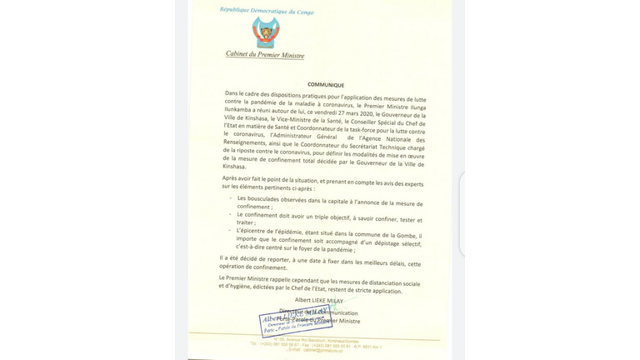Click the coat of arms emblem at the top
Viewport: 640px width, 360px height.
point(266,32)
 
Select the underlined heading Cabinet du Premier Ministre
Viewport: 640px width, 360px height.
point(265,55)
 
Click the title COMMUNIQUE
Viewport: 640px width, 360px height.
point(326,85)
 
